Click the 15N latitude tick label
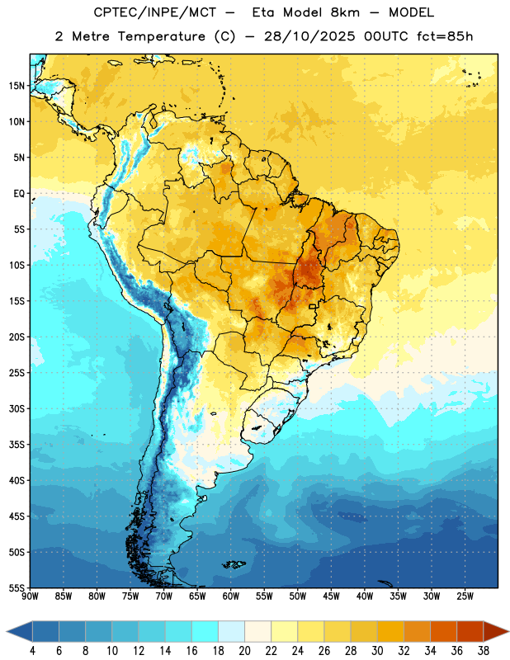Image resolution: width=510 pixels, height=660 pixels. pyautogui.click(x=17, y=86)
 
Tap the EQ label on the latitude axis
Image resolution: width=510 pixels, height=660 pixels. pyautogui.click(x=19, y=194)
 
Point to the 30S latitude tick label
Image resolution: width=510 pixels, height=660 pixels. pyautogui.click(x=17, y=408)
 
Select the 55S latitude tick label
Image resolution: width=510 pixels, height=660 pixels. pyautogui.click(x=17, y=588)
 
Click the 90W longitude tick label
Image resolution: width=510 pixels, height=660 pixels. pyautogui.click(x=30, y=596)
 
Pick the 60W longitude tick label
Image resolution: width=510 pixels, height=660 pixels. pyautogui.click(x=231, y=596)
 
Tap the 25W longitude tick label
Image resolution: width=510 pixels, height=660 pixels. pyautogui.click(x=465, y=596)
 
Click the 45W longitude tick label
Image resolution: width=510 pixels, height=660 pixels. pyautogui.click(x=332, y=596)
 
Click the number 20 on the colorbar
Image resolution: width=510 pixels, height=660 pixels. pyautogui.click(x=244, y=651)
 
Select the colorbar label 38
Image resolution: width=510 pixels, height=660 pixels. pyautogui.click(x=484, y=651)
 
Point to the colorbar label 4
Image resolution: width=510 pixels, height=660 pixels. pyautogui.click(x=32, y=651)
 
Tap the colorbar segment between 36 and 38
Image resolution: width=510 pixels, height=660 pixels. pyautogui.click(x=470, y=631)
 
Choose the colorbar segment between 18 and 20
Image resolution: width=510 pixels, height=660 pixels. pyautogui.click(x=232, y=631)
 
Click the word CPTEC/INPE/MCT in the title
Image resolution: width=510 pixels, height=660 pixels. pyautogui.click(x=155, y=12)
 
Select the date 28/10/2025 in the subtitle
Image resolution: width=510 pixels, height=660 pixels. pyautogui.click(x=309, y=36)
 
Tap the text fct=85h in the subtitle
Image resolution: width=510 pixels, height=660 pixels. pyautogui.click(x=445, y=36)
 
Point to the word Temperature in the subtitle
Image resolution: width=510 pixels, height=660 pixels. pyautogui.click(x=161, y=36)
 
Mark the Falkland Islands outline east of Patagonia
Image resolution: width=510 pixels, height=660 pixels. pyautogui.click(x=234, y=564)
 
